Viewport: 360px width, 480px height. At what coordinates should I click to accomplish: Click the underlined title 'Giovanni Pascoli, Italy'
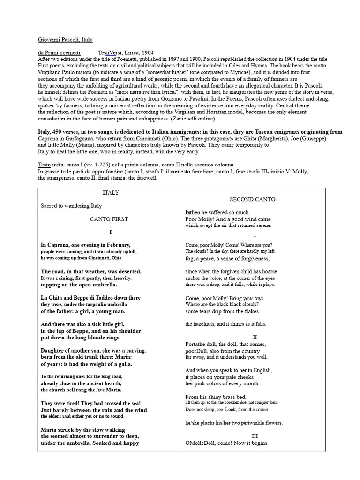[x=65, y=41]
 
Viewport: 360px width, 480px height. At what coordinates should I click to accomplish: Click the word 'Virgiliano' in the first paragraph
[x=53, y=73]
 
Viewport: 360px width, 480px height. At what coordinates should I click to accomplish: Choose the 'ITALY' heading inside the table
[x=111, y=193]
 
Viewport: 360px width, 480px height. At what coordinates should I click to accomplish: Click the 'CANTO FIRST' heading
[x=109, y=219]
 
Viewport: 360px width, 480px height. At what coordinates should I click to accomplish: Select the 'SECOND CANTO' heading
[x=252, y=199]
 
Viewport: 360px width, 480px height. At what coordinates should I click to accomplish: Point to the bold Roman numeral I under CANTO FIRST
[x=111, y=232]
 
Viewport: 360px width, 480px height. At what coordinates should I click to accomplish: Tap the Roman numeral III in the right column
[x=255, y=436]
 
